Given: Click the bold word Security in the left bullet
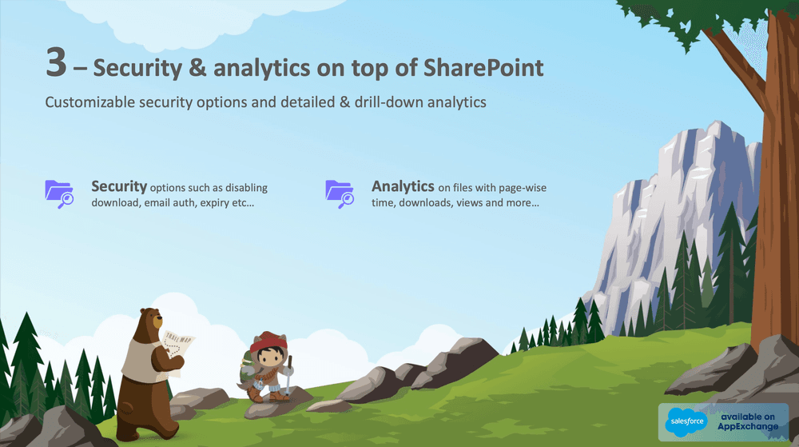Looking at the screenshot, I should tap(119, 186).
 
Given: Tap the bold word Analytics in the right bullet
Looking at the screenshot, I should tap(402, 186).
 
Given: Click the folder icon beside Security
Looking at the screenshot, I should tap(59, 194).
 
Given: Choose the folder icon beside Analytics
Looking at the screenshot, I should tap(340, 194).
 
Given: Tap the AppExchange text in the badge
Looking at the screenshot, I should tap(747, 426).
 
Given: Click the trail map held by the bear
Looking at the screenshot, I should tap(177, 349).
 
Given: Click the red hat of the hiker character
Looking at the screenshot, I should tap(268, 345).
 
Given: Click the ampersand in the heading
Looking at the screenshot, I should tap(198, 68).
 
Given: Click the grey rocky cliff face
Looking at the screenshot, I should tap(679, 208).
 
